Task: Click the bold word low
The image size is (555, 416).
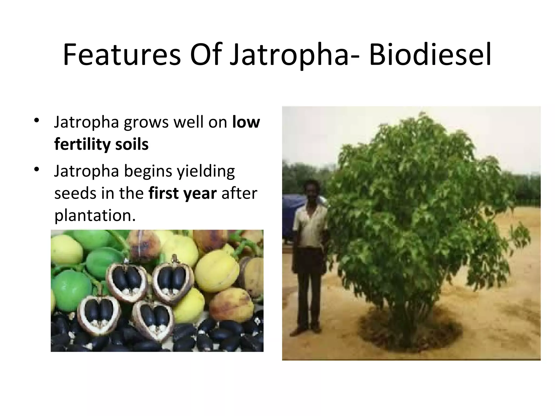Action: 246,122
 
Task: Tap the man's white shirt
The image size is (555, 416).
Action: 310,222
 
